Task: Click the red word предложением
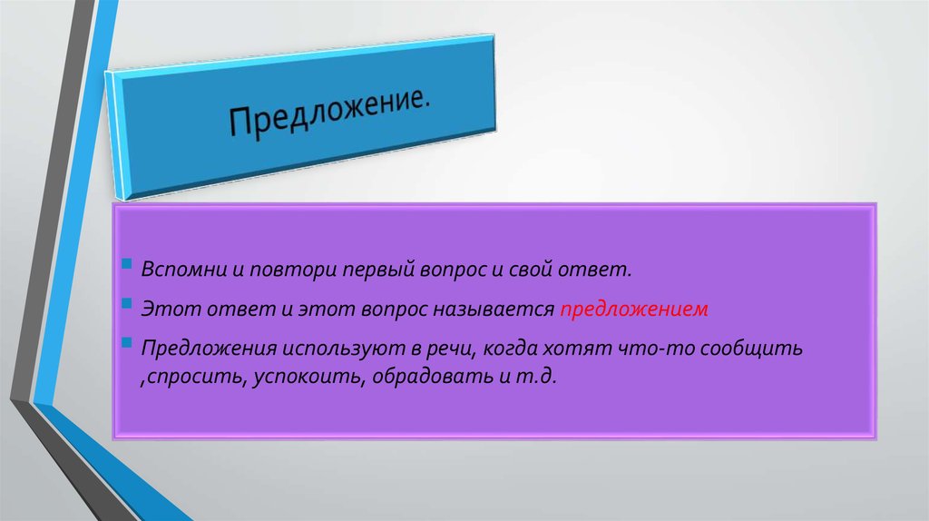tap(633, 310)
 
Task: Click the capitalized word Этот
tap(164, 310)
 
